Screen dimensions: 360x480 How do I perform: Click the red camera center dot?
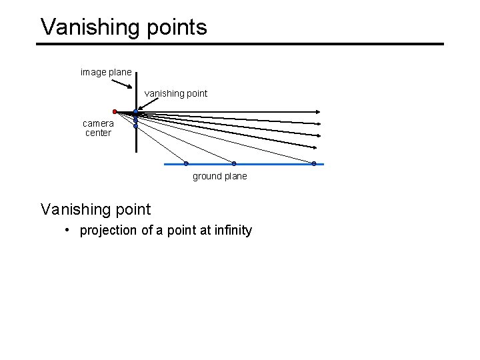click(115, 111)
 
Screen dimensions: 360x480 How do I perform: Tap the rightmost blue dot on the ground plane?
click(314, 163)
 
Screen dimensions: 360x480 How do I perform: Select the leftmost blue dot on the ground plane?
click(186, 163)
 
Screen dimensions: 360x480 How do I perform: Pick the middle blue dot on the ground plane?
click(234, 163)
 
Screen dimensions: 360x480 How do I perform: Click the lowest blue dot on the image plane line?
click(135, 125)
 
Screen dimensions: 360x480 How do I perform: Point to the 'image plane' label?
click(106, 72)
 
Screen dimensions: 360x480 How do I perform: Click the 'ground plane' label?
click(219, 177)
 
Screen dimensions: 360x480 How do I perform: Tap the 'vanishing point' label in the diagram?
click(176, 93)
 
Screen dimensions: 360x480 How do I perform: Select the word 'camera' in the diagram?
click(98, 123)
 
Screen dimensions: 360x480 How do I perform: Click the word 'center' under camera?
click(98, 133)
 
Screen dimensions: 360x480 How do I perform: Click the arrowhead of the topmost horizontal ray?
click(321, 113)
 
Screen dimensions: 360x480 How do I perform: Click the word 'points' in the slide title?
click(176, 27)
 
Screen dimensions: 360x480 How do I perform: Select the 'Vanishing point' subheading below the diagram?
click(96, 209)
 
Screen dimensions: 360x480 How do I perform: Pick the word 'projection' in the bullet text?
click(107, 231)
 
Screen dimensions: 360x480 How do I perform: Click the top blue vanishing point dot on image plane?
click(135, 113)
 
